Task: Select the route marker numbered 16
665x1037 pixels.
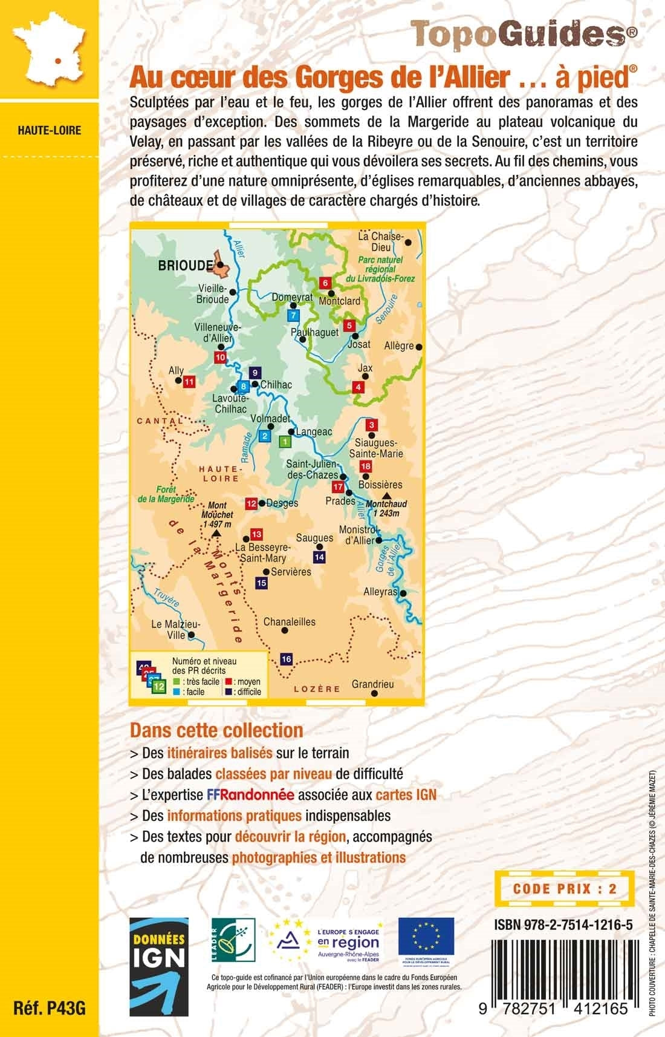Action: [287, 659]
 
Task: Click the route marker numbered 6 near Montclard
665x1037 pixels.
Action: [325, 283]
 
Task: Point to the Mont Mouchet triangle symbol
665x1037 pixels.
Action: [216, 534]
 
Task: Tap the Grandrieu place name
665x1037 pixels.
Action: [372, 684]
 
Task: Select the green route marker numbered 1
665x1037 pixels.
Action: [284, 442]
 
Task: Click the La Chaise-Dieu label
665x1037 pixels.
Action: [380, 241]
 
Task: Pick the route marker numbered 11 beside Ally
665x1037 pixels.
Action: [189, 381]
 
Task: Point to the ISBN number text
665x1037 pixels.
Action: [563, 924]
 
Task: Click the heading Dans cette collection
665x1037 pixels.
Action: [216, 730]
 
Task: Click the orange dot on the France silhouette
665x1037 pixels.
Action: [58, 61]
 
